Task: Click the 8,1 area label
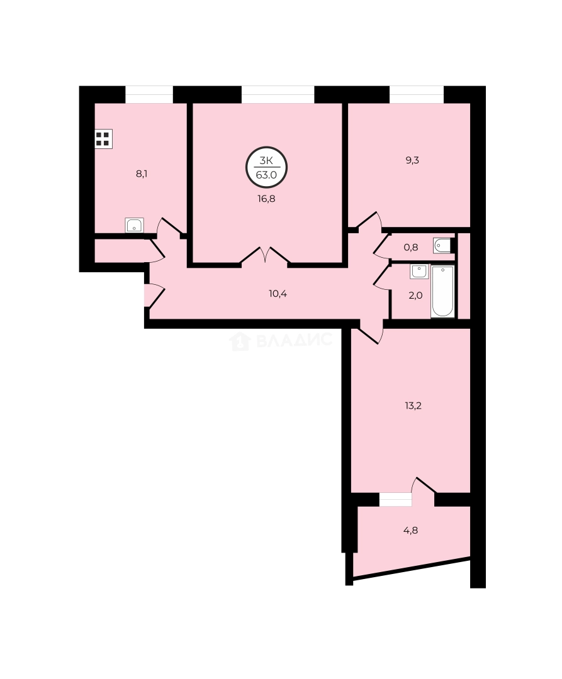pyautogui.click(x=142, y=174)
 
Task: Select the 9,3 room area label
pyautogui.click(x=412, y=160)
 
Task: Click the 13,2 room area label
pyautogui.click(x=413, y=406)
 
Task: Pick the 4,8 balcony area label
pyautogui.click(x=410, y=529)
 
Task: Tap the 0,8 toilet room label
pyautogui.click(x=410, y=247)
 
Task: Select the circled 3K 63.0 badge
pyautogui.click(x=266, y=168)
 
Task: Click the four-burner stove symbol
pyautogui.click(x=103, y=139)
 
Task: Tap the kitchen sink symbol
pyautogui.click(x=135, y=225)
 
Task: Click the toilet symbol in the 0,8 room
pyautogui.click(x=442, y=245)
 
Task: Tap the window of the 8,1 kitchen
pyautogui.click(x=149, y=94)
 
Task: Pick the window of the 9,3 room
pyautogui.click(x=417, y=94)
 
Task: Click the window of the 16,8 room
pyautogui.click(x=278, y=94)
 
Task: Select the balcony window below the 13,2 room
pyautogui.click(x=395, y=499)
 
